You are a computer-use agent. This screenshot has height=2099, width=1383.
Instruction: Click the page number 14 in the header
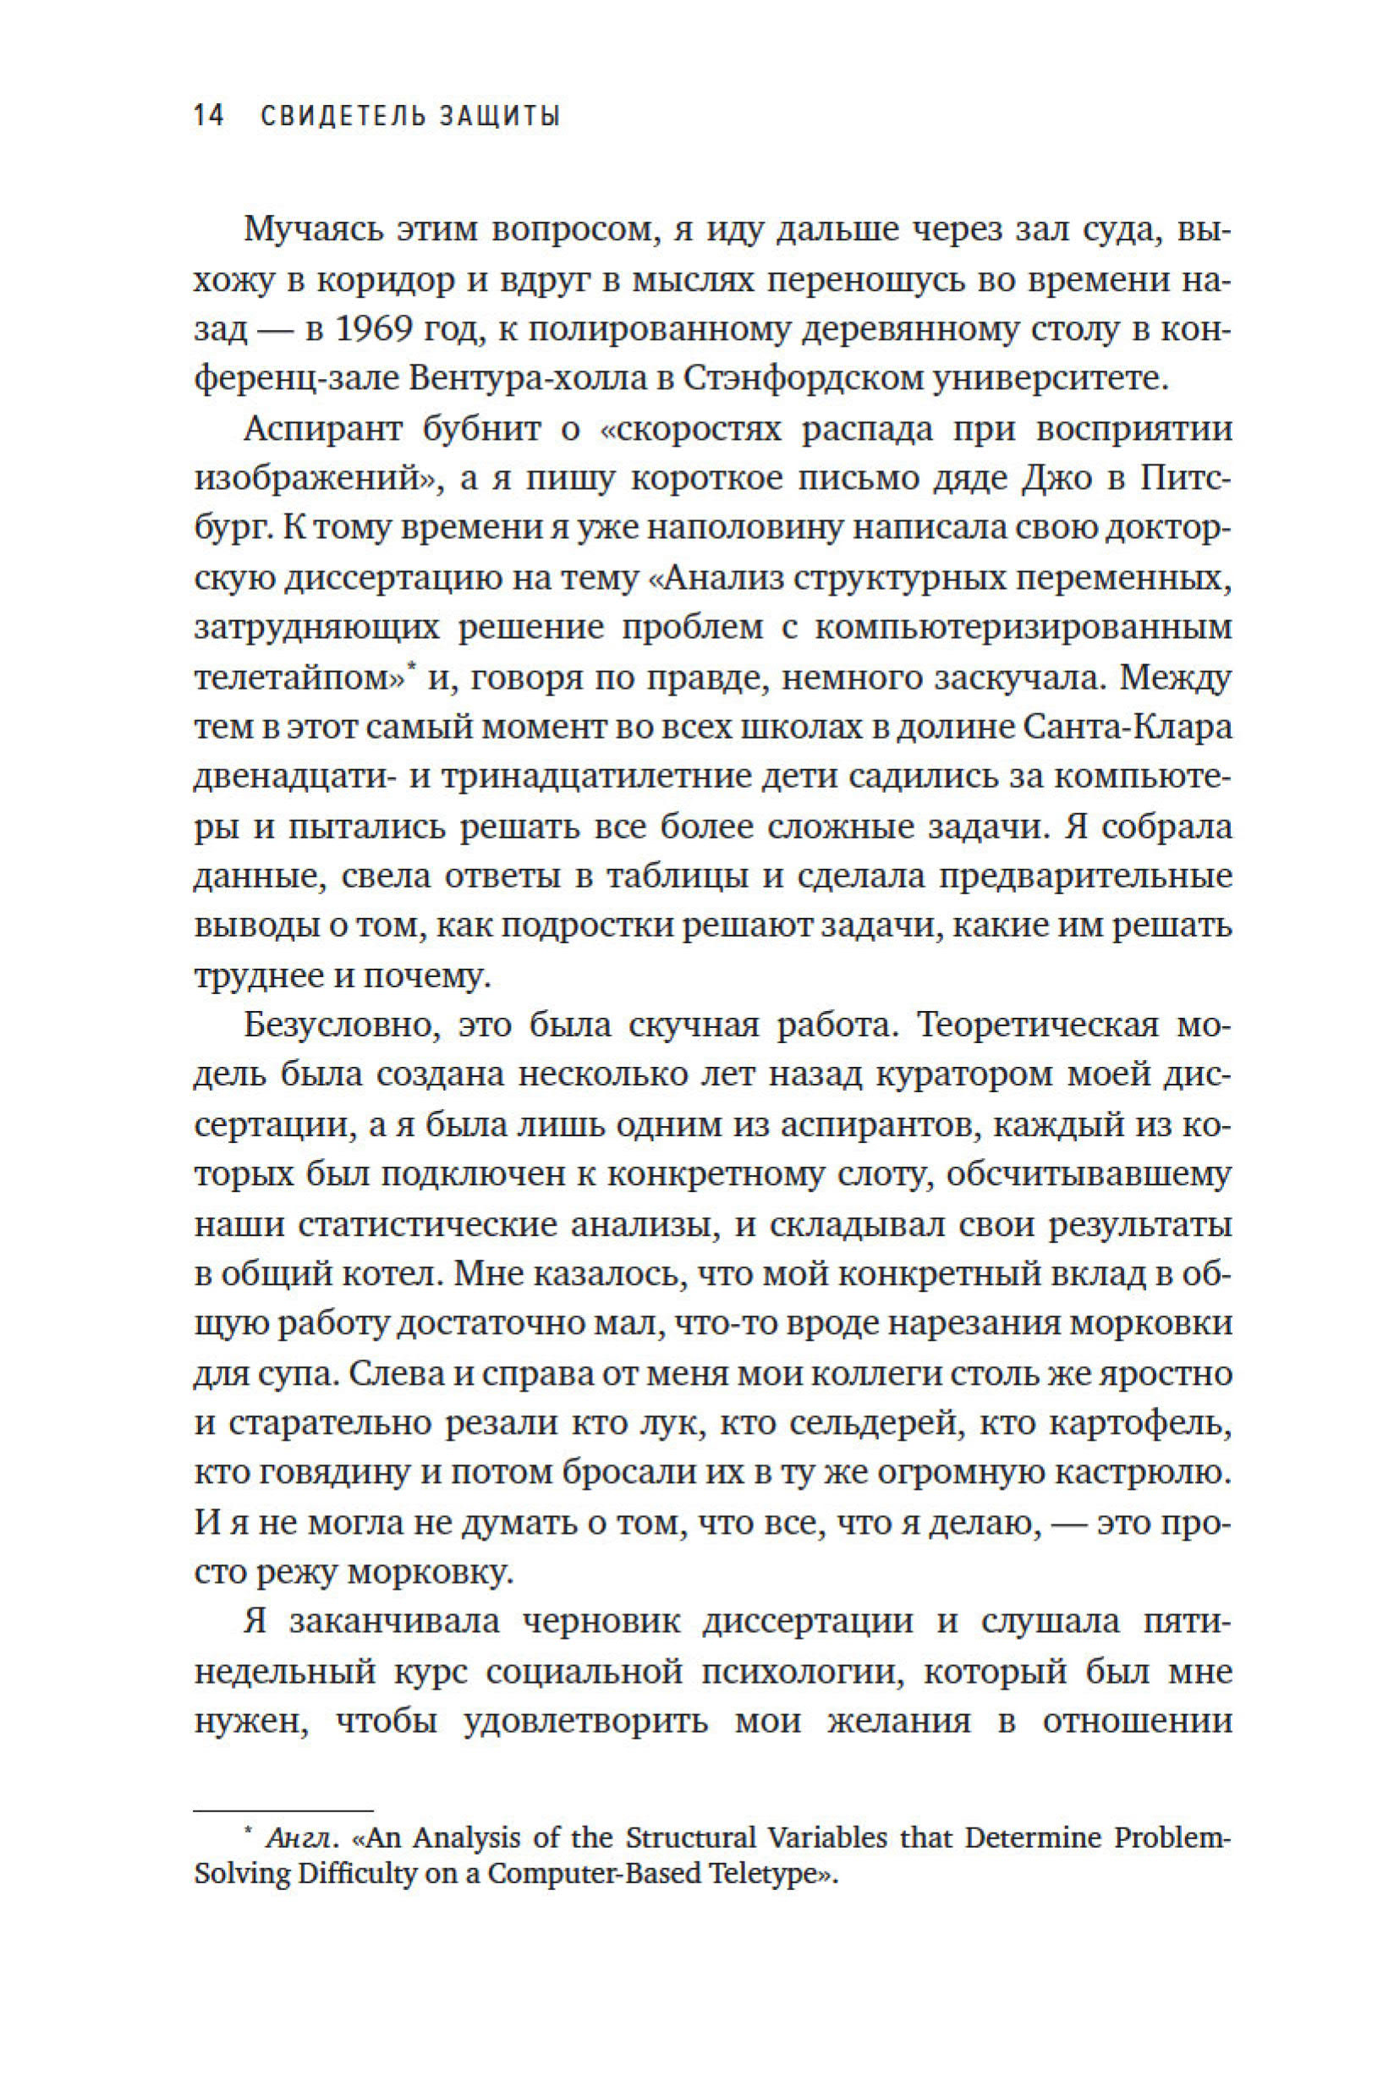pos(209,116)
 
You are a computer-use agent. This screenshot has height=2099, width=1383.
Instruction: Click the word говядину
pos(328,1475)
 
